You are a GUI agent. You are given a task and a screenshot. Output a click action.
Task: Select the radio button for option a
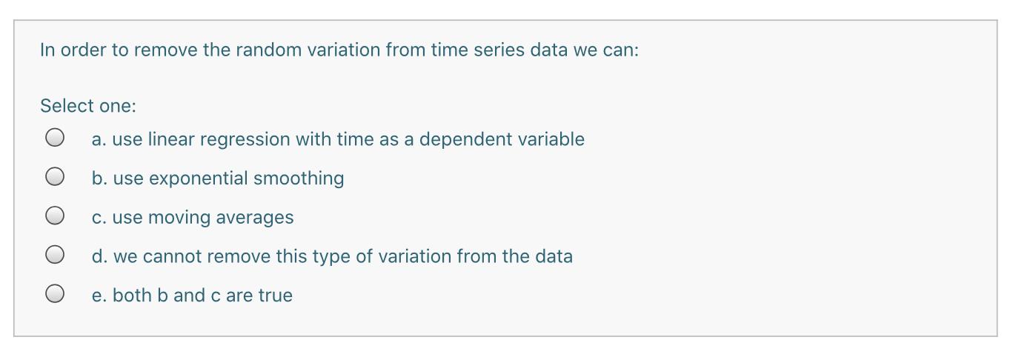(x=55, y=138)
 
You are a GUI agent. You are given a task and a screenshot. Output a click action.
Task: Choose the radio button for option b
(x=55, y=177)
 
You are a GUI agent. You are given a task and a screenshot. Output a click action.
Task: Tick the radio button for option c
(x=55, y=216)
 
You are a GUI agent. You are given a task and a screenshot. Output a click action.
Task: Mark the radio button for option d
(x=55, y=255)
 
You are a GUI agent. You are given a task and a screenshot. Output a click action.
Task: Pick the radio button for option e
(x=55, y=294)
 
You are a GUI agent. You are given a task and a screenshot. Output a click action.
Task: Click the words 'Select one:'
(x=88, y=106)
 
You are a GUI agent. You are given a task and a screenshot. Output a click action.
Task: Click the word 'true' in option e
(x=275, y=296)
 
